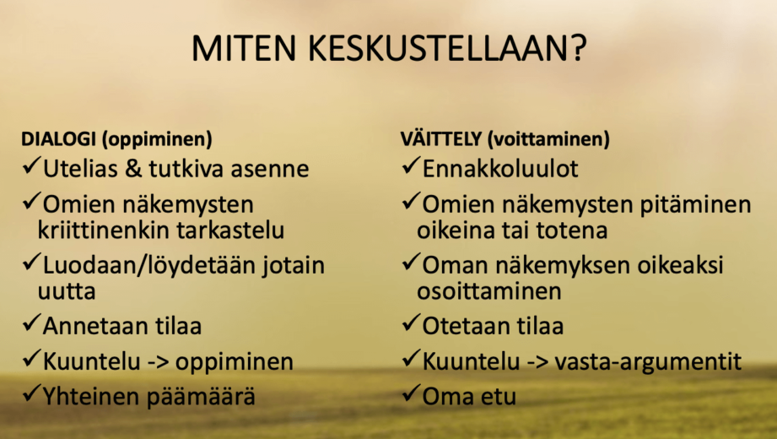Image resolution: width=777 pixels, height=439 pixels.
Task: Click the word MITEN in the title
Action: pyautogui.click(x=244, y=48)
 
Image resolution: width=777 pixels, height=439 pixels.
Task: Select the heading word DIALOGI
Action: pyautogui.click(x=58, y=139)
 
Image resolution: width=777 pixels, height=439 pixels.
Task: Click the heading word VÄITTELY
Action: pyautogui.click(x=441, y=138)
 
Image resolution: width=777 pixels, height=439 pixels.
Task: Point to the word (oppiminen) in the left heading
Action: pyautogui.click(x=157, y=139)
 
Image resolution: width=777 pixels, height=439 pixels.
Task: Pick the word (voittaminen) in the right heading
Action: pyautogui.click(x=548, y=139)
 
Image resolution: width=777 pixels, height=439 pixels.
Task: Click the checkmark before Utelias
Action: pyautogui.click(x=31, y=165)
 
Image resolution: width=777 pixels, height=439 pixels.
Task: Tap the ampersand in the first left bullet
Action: pyautogui.click(x=133, y=169)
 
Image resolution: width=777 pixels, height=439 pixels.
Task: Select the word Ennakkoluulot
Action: pyautogui.click(x=500, y=169)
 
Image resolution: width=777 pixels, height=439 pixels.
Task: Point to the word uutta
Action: pyautogui.click(x=67, y=291)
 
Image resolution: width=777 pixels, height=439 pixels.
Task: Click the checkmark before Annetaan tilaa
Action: pyautogui.click(x=31, y=323)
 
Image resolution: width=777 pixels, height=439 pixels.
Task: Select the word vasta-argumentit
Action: pyautogui.click(x=648, y=362)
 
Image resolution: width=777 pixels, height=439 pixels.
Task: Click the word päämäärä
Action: pyautogui.click(x=199, y=397)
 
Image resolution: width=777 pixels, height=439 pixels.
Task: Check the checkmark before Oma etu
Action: pyautogui.click(x=411, y=393)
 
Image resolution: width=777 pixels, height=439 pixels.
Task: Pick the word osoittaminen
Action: pyautogui.click(x=489, y=291)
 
